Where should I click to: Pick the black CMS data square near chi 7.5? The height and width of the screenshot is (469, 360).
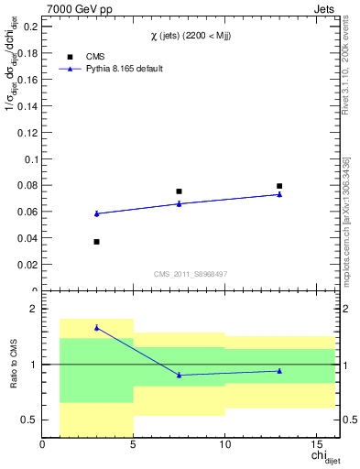tap(179, 191)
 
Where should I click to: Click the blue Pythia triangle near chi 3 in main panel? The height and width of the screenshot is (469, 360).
tap(97, 213)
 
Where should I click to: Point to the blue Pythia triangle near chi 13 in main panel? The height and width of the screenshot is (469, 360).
tap(279, 194)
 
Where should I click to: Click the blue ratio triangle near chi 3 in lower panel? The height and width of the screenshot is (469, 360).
tap(97, 327)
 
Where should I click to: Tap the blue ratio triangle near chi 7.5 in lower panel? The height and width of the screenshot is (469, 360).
tap(179, 375)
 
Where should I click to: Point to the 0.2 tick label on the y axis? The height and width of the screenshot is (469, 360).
tap(27, 27)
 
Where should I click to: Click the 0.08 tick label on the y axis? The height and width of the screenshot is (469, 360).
tap(25, 186)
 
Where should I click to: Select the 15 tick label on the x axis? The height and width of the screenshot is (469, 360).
tap(316, 446)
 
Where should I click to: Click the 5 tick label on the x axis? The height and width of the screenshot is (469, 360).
tap(134, 446)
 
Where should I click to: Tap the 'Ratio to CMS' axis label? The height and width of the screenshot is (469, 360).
tap(13, 365)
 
